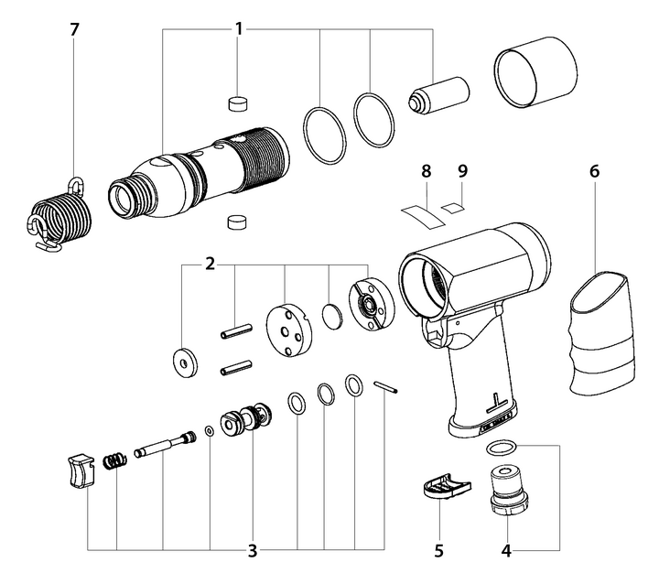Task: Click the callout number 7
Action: (74, 29)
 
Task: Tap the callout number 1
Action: (239, 29)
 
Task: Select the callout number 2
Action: (210, 264)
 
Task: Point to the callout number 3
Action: (252, 551)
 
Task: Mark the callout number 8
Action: (425, 170)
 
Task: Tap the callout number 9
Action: (462, 170)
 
